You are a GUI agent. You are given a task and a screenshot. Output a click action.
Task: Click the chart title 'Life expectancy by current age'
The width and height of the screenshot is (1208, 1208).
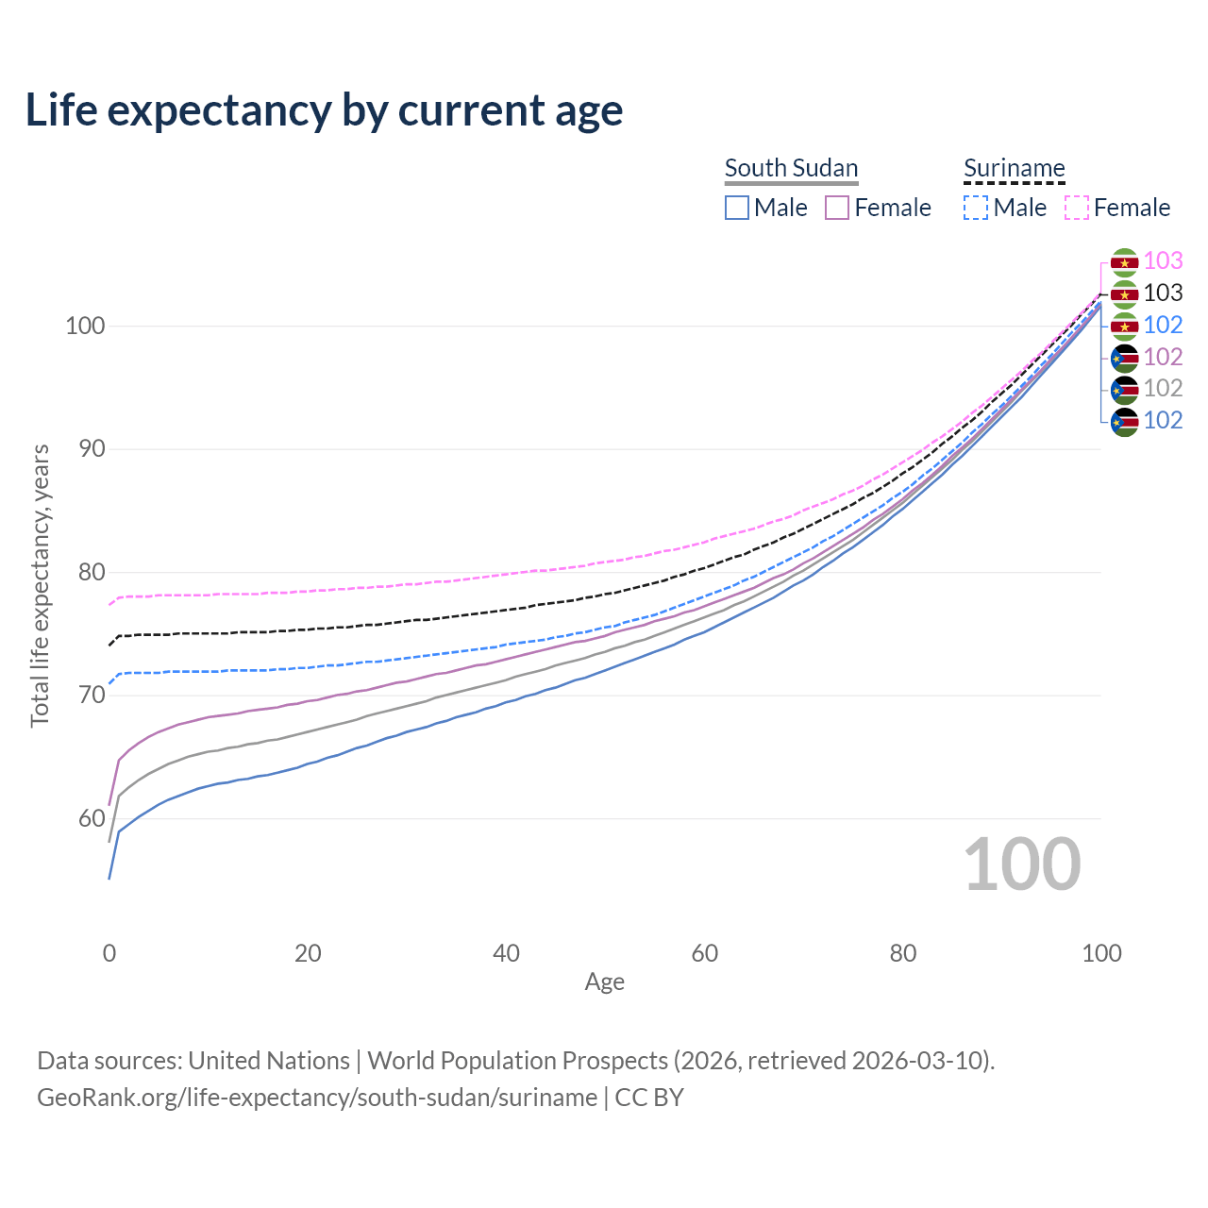tap(324, 110)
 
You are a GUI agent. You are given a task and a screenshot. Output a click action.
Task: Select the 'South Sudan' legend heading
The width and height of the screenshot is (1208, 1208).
tap(791, 168)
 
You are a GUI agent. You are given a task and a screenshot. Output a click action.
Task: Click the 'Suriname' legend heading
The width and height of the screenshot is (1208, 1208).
tap(1014, 168)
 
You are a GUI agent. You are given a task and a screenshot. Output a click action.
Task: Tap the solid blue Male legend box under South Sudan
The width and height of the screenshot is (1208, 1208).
tap(737, 208)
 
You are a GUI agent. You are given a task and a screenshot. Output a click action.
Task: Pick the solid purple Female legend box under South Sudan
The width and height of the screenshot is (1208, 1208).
tap(837, 208)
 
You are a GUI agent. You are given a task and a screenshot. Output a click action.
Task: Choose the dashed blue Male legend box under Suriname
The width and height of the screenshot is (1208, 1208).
tap(976, 208)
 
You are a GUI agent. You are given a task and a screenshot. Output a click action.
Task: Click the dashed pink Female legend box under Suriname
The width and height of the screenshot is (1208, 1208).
tap(1077, 208)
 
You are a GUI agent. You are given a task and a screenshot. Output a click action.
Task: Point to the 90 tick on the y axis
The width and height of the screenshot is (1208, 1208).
tap(92, 449)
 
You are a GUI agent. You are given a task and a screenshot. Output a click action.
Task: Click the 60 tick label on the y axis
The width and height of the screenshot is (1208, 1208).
tap(92, 818)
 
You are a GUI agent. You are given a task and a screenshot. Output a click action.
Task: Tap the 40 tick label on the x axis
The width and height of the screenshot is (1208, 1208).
tap(506, 953)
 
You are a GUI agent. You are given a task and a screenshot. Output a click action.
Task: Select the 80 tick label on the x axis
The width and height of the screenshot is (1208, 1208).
tap(903, 953)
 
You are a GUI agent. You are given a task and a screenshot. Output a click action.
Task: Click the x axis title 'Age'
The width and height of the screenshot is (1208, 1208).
tap(604, 982)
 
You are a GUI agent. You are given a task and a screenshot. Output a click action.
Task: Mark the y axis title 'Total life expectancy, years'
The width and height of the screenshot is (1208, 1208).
tap(40, 586)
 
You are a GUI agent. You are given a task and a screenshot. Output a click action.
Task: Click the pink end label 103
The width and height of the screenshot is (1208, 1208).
tap(1163, 260)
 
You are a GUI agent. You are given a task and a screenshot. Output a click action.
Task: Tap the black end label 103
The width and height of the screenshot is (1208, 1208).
tap(1163, 294)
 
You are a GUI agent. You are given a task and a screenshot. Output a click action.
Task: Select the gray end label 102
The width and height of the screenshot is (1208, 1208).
tap(1163, 388)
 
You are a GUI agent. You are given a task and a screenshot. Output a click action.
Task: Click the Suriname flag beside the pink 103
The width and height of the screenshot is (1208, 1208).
tap(1124, 261)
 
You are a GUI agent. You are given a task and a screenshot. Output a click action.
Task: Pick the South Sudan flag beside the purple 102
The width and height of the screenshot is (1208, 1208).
tap(1124, 358)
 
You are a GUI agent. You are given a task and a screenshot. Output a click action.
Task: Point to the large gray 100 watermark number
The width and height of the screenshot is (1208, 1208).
tap(1022, 864)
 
